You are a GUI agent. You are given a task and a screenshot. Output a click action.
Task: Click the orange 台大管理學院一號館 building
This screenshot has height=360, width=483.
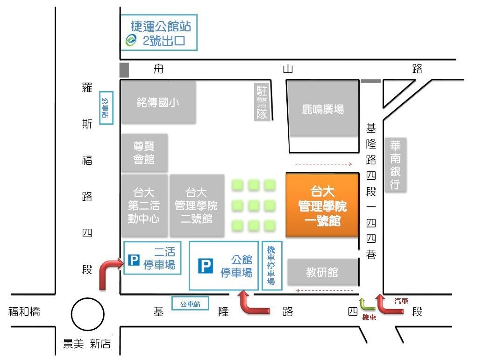(322, 205)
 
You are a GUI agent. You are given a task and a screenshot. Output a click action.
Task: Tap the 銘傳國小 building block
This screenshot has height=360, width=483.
(158, 102)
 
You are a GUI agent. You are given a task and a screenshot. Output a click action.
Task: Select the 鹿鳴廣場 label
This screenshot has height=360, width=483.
(322, 109)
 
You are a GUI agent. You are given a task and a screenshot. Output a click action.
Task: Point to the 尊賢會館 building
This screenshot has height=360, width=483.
(144, 153)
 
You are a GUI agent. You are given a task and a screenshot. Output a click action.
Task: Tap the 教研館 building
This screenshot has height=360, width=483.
(322, 272)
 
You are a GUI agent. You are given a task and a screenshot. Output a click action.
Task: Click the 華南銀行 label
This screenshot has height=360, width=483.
(396, 165)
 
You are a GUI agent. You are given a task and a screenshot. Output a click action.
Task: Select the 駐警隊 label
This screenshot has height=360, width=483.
(262, 102)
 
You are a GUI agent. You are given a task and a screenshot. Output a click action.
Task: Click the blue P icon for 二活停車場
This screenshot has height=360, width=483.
(134, 260)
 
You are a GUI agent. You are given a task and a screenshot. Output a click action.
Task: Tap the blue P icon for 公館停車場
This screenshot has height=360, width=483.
(205, 266)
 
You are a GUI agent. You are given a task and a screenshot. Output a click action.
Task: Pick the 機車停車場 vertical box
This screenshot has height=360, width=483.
(272, 266)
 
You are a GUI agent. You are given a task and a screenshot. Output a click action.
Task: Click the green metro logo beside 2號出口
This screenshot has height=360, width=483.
(131, 40)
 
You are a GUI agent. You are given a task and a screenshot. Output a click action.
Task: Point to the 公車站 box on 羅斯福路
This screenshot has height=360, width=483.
(106, 108)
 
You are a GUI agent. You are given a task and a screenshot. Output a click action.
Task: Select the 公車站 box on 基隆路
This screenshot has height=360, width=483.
(190, 304)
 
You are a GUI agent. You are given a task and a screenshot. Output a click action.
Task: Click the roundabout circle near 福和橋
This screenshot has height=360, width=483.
(87, 314)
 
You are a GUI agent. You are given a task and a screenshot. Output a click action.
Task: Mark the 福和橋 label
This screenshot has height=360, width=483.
(24, 311)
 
